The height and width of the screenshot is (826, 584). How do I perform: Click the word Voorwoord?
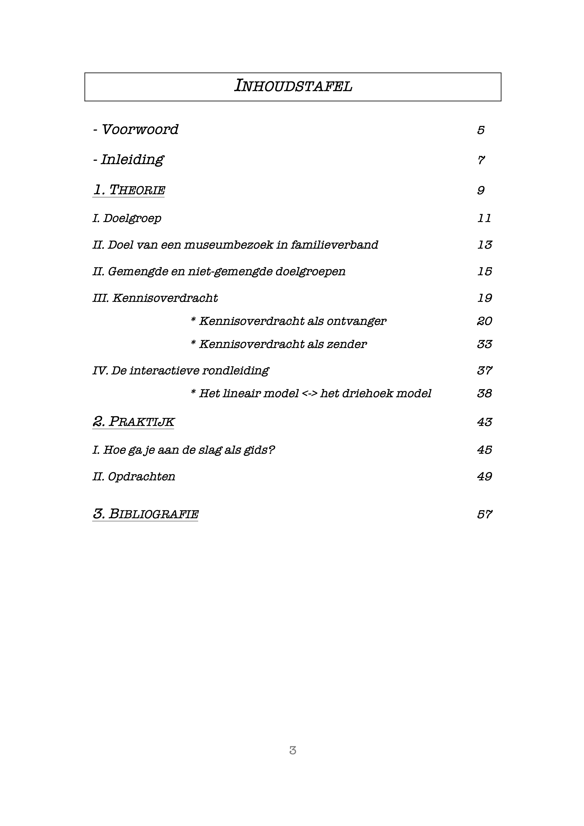point(140,130)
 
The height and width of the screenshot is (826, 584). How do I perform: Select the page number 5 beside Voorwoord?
point(481,130)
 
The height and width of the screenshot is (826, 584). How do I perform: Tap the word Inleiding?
point(132,159)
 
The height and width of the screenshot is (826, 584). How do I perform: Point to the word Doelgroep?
point(132,218)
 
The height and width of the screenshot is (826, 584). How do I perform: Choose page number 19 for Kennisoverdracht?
point(484,298)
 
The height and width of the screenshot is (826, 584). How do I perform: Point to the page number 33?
point(484,344)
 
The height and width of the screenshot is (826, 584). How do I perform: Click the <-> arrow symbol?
point(309,393)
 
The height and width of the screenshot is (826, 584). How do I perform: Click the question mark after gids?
point(272,450)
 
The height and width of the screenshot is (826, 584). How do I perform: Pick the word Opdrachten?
point(141,477)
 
